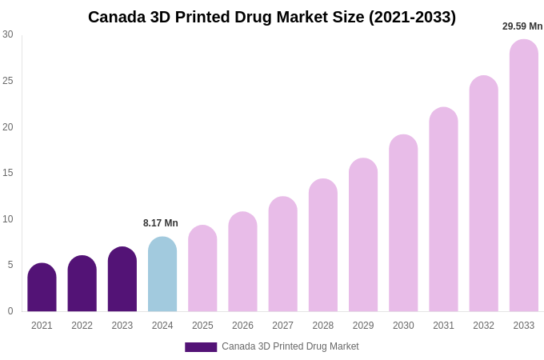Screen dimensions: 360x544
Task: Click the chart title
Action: click(x=272, y=17)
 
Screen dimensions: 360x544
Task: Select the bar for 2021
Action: click(x=42, y=288)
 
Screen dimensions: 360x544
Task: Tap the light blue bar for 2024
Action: click(x=162, y=274)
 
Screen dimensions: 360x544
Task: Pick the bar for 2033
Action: click(x=524, y=176)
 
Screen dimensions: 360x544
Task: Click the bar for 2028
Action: click(x=323, y=246)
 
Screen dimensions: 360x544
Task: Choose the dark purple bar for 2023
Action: click(x=122, y=280)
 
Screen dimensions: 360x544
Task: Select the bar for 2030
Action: click(x=403, y=223)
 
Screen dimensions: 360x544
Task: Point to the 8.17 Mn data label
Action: click(x=161, y=223)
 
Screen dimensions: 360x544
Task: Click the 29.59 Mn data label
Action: click(x=522, y=26)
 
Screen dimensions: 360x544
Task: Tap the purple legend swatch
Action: click(x=201, y=347)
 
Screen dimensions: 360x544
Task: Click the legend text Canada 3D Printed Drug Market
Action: click(x=290, y=346)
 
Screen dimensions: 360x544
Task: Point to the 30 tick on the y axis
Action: click(x=8, y=34)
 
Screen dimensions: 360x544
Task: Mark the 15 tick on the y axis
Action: click(x=8, y=173)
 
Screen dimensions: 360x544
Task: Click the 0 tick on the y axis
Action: click(x=10, y=311)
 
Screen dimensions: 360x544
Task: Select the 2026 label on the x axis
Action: click(x=242, y=326)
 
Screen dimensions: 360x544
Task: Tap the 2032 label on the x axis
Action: click(x=483, y=326)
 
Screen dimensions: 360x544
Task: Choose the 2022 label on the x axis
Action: click(x=82, y=326)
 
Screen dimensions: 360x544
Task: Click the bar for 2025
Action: click(x=202, y=269)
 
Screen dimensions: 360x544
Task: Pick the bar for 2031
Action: click(x=443, y=210)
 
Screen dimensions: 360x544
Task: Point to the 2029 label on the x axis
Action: click(x=363, y=326)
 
